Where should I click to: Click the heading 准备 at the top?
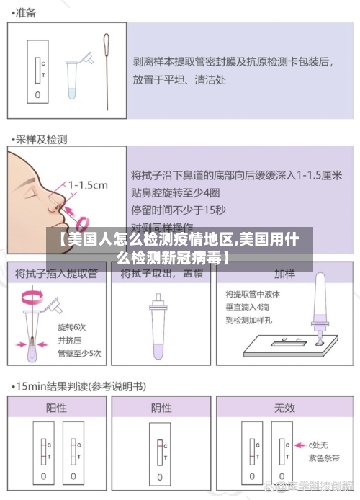(25, 12)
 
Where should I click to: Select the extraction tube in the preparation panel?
(73, 75)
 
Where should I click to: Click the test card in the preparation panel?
(37, 71)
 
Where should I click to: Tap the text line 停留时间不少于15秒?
(179, 210)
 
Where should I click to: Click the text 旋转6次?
(72, 326)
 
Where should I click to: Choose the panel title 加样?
(284, 274)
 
